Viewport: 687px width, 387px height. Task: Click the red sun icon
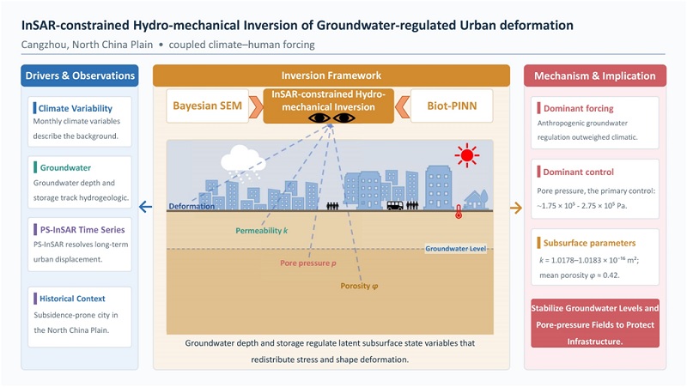pyautogui.click(x=466, y=155)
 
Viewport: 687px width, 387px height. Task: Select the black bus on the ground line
pyautogui.click(x=395, y=205)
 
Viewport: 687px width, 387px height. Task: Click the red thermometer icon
pyautogui.click(x=459, y=211)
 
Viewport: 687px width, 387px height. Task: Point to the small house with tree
pyautogui.click(x=476, y=199)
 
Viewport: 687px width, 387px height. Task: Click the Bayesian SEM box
pyautogui.click(x=207, y=106)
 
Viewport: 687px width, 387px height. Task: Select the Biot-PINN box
pyautogui.click(x=452, y=106)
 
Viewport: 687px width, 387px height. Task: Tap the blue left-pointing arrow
pyautogui.click(x=145, y=207)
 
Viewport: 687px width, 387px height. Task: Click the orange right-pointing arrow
pyautogui.click(x=516, y=208)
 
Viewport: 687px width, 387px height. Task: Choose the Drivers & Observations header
pyautogui.click(x=80, y=76)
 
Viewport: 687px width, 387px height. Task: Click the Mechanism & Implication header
pyautogui.click(x=595, y=76)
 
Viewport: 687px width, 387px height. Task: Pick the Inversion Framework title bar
pyautogui.click(x=331, y=76)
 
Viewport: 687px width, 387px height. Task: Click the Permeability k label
pyautogui.click(x=262, y=231)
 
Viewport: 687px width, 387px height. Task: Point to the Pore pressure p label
pyautogui.click(x=308, y=263)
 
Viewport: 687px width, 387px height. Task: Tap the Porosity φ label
pyautogui.click(x=359, y=286)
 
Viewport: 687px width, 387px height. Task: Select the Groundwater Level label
pyautogui.click(x=456, y=249)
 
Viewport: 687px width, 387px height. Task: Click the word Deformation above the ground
pyautogui.click(x=192, y=206)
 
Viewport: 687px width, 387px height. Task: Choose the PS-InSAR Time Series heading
pyautogui.click(x=82, y=230)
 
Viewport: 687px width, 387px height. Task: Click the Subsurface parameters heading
pyautogui.click(x=589, y=243)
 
